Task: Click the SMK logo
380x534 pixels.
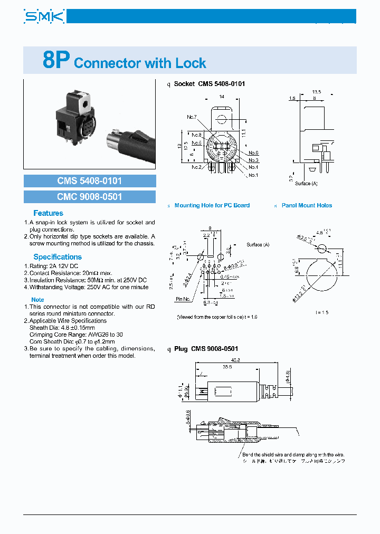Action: tap(44, 17)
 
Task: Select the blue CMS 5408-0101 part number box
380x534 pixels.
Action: tap(90, 181)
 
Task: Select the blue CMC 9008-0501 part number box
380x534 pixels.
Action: tap(90, 197)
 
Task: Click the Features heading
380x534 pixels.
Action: tap(48, 213)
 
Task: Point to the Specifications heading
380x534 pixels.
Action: tap(58, 257)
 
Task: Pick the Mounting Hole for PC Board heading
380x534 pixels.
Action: tap(212, 205)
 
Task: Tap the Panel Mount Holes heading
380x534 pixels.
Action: tap(307, 205)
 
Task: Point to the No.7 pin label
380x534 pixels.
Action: tap(191, 117)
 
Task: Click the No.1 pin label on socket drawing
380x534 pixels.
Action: tap(253, 175)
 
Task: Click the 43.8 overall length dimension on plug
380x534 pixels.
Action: tap(236, 360)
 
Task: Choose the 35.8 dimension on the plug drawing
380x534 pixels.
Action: tap(228, 367)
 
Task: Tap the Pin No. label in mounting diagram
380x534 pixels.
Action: tap(183, 299)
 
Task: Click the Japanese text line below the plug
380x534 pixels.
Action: tap(294, 461)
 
